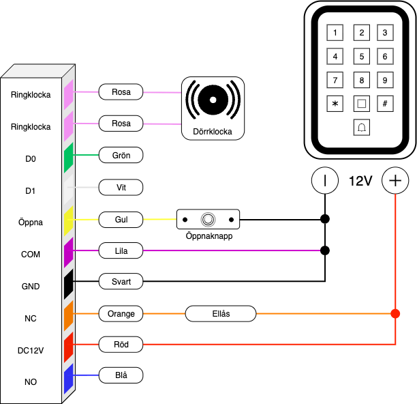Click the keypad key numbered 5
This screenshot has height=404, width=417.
362,56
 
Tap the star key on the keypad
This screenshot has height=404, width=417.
335,104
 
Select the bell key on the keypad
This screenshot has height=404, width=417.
362,127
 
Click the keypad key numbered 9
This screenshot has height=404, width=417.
385,80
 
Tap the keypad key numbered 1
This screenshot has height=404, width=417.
335,32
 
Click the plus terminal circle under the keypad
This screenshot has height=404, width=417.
395,181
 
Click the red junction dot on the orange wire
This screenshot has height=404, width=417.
395,314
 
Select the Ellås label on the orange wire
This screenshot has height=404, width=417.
221,314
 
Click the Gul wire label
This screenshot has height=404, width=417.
121,220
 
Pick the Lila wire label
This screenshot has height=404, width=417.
121,251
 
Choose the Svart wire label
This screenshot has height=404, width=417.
121,281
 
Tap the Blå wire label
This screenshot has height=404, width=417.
121,375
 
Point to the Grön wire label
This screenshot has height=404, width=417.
121,155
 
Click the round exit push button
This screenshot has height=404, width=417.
208,220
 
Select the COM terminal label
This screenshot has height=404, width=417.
31,255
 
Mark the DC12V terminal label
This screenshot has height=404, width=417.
31,351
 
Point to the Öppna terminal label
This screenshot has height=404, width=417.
31,222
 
